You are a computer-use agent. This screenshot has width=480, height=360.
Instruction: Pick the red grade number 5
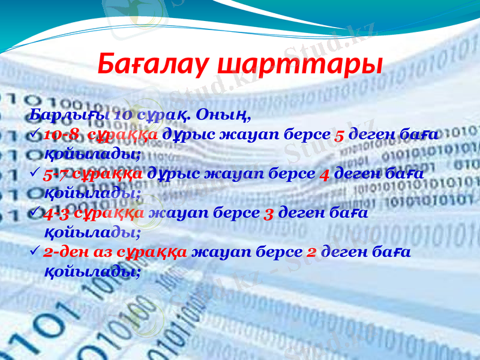coord(339,134)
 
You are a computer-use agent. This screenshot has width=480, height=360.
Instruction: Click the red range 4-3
coord(56,212)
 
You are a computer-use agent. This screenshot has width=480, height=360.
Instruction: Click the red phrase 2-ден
coord(64,252)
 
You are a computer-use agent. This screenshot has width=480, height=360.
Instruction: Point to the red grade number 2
coord(313,252)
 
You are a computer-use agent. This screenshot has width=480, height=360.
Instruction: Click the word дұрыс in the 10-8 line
coord(183,134)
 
